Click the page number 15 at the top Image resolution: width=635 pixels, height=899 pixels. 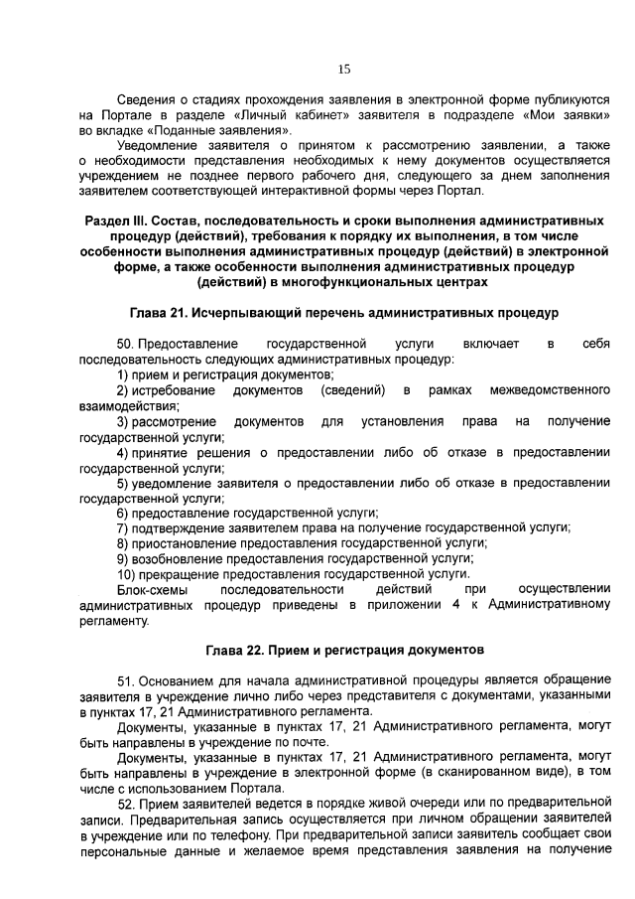[344, 69]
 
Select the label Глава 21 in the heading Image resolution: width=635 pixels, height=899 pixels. [162, 314]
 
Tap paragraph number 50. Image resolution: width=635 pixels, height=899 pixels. [126, 344]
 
